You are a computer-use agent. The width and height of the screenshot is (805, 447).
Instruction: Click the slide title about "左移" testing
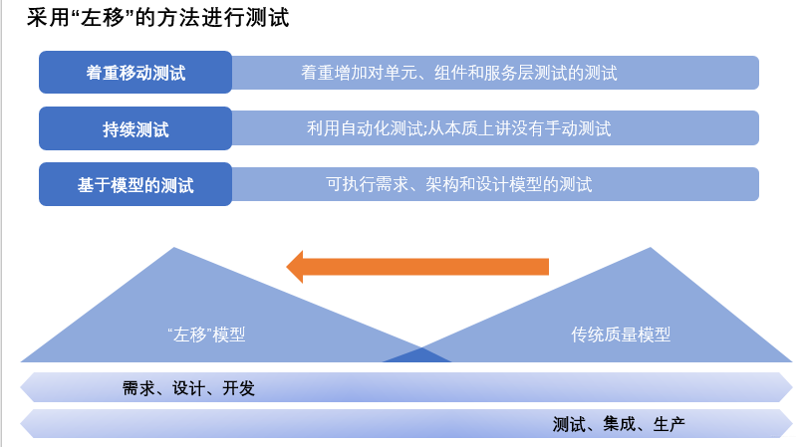tap(159, 19)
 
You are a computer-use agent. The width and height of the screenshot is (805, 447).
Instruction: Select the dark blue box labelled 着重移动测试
tap(135, 73)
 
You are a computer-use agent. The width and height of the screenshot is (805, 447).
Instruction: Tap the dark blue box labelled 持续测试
tap(135, 128)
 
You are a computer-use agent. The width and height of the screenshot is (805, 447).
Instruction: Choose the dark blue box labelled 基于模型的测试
tap(135, 184)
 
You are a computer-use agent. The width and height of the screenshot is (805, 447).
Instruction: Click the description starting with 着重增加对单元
tap(458, 73)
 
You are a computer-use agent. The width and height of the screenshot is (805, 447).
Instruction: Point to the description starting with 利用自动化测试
tap(458, 128)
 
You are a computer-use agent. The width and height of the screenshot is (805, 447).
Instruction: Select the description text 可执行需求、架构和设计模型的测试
tap(458, 184)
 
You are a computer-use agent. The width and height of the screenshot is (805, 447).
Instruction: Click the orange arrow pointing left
tap(418, 266)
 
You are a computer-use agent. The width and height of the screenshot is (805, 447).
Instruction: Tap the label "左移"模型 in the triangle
tap(206, 335)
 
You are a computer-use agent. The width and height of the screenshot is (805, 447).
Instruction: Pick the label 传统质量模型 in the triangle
tap(621, 335)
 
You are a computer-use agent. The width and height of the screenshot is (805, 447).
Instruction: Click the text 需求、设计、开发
tap(188, 388)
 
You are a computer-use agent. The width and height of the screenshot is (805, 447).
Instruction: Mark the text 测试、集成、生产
tap(619, 424)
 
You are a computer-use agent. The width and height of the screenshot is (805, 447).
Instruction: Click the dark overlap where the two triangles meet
tap(417, 355)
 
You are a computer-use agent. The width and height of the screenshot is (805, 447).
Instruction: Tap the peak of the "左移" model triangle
tap(175, 249)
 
